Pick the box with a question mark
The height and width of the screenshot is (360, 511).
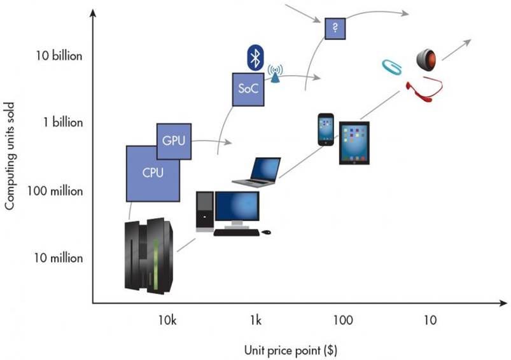pos(335,29)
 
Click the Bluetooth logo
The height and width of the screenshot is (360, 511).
pos(255,58)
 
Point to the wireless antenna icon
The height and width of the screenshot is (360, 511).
pos(276,74)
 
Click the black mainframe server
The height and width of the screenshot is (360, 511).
pos(149,255)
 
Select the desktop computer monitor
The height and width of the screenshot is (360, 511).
pos(236,207)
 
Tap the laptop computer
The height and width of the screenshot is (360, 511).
pos(257,172)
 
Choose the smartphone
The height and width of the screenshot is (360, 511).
pos(326,129)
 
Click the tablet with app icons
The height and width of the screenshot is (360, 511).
pos(354,143)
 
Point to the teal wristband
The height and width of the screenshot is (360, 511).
pos(391,67)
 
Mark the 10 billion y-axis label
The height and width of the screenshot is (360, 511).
pos(59,56)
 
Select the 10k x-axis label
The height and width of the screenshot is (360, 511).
pos(167,320)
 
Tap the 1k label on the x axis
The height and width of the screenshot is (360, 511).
pos(256,320)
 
